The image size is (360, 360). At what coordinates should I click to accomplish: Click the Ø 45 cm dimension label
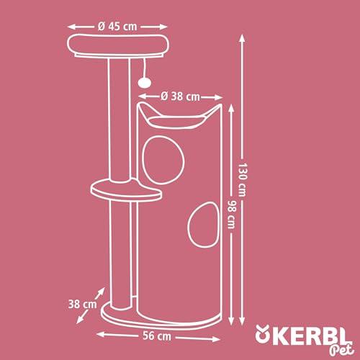click(117, 27)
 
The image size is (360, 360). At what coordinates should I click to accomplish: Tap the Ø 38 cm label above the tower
click(180, 96)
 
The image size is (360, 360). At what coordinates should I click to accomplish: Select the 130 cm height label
click(243, 180)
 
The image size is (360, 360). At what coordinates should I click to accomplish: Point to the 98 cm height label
click(231, 215)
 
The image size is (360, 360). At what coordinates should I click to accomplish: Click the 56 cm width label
click(157, 336)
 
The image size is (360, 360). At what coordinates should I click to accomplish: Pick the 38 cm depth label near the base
click(82, 305)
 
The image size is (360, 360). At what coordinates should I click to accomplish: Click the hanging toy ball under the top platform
click(144, 82)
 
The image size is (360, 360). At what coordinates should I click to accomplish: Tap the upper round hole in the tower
click(163, 160)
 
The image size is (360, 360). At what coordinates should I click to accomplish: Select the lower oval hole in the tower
click(204, 225)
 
